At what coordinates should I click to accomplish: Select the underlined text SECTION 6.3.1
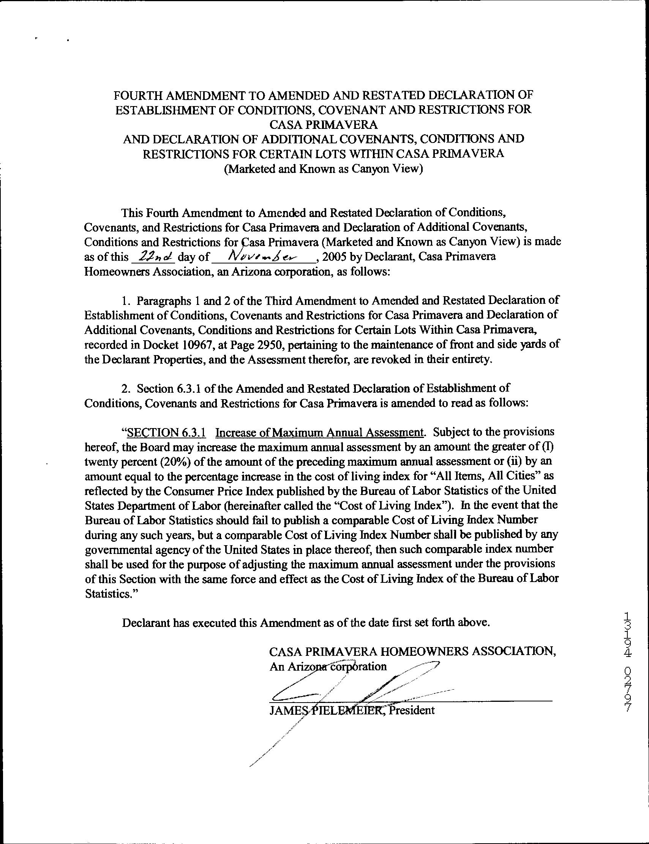[x=166, y=432]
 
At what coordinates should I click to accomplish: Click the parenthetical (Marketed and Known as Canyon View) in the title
[x=324, y=169]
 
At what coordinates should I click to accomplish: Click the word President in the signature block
[x=412, y=710]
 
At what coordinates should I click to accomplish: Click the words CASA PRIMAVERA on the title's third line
[x=324, y=124]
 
